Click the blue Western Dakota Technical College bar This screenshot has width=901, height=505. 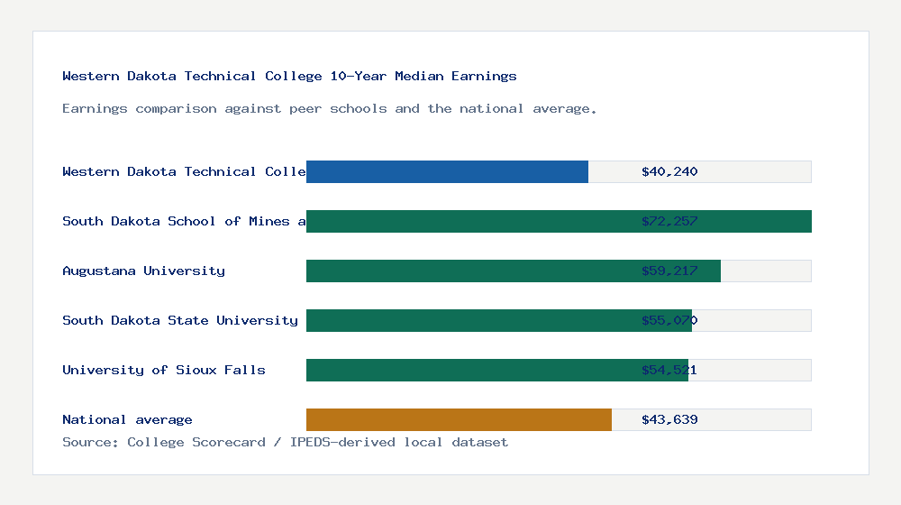coord(447,171)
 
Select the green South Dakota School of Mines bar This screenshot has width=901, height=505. coord(559,221)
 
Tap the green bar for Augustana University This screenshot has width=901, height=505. coord(514,271)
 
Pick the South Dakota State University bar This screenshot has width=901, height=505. coord(499,320)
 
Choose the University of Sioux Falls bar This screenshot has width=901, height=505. coord(497,370)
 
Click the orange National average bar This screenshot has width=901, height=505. coord(459,419)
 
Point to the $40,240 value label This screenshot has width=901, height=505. coord(669,171)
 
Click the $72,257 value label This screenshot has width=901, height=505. coord(669,221)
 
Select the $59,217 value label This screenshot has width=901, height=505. coord(669,271)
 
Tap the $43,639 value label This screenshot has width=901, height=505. coord(669,419)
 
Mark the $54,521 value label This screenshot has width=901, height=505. coord(669,370)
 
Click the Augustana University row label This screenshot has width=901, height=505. coord(143,271)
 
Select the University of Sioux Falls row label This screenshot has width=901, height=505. coord(164,370)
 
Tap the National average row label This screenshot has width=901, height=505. coord(127,419)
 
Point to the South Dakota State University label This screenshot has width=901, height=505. coord(180,320)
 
